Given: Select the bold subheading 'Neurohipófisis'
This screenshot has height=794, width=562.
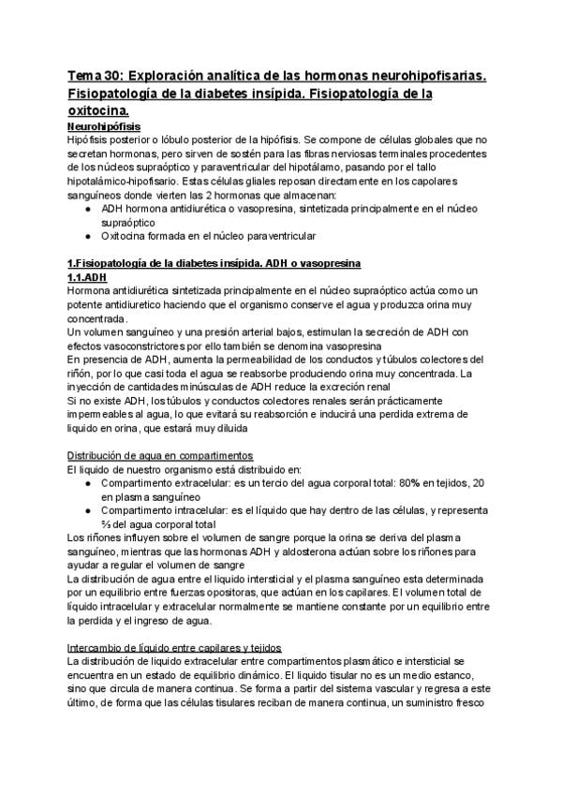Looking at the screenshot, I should point(105,125).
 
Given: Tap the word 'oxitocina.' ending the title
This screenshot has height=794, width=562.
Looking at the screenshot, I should point(103,111).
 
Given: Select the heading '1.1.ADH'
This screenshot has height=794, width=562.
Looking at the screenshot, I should point(88,278).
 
